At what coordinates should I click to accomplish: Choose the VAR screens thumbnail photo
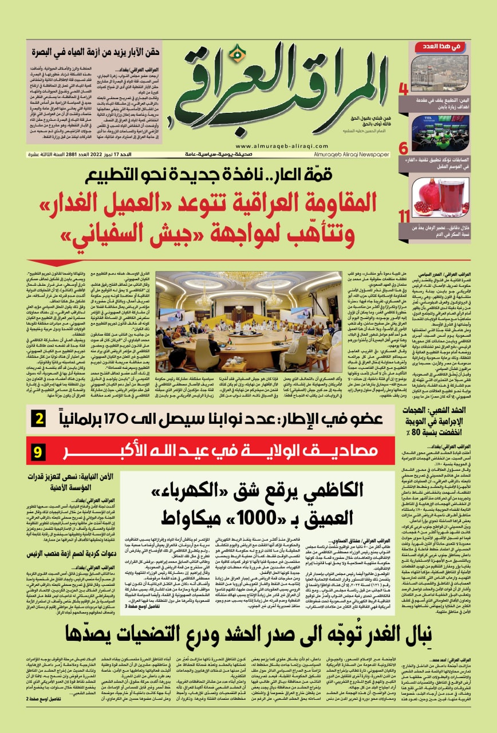[x=439, y=132]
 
